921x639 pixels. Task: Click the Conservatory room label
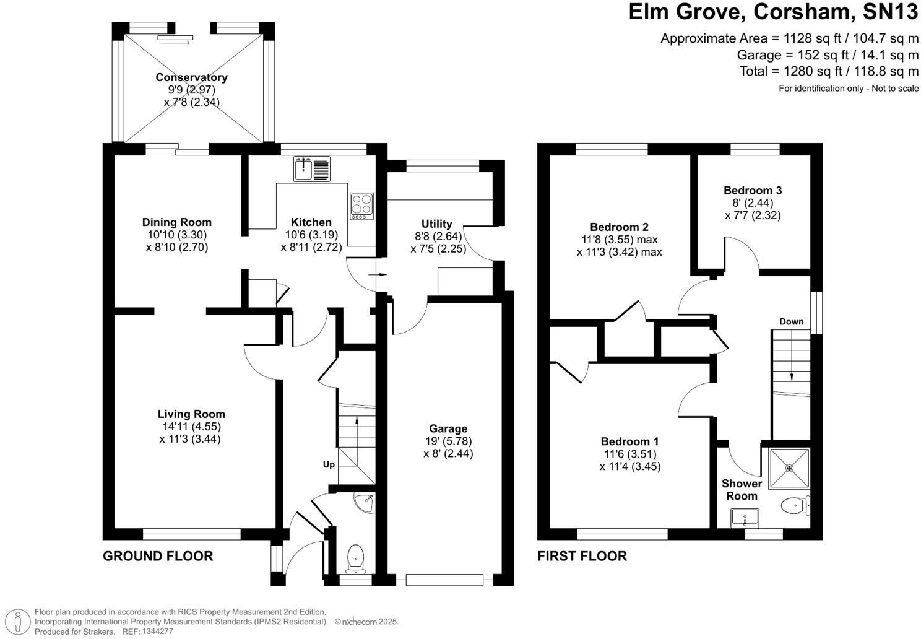(191, 77)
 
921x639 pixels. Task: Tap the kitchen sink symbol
(313, 169)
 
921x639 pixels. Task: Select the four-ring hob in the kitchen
(361, 206)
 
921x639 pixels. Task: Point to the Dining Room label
(177, 222)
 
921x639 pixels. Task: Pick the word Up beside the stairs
(329, 464)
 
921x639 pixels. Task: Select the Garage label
(448, 428)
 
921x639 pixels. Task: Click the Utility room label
(437, 224)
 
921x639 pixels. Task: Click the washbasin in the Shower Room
(745, 517)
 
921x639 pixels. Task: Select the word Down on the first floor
(792, 321)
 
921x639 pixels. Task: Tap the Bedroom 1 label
(629, 441)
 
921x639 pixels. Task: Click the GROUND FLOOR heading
(158, 556)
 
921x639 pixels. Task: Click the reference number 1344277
(157, 632)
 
